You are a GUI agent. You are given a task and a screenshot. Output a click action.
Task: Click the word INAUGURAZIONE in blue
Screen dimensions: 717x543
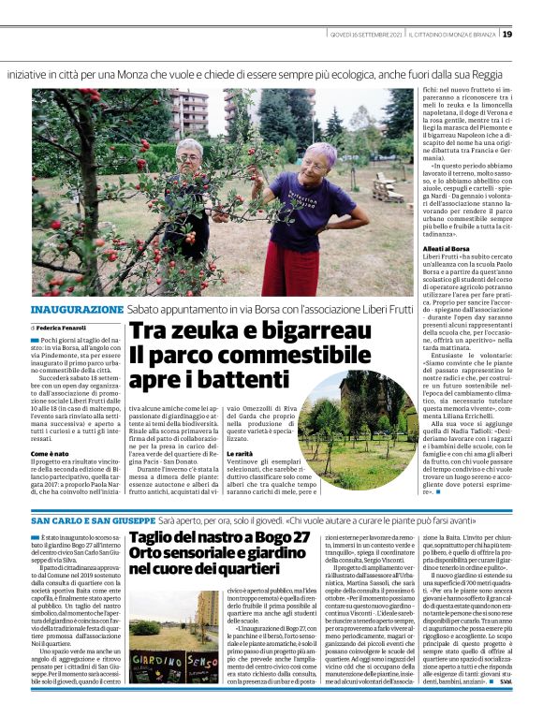click(x=77, y=309)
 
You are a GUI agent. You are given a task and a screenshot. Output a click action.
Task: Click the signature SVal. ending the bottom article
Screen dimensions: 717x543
click(x=532, y=709)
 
